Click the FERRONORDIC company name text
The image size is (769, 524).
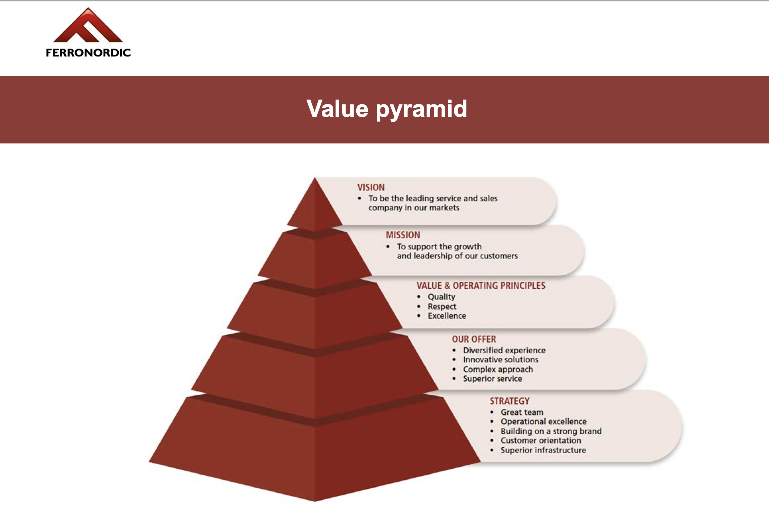[88, 53]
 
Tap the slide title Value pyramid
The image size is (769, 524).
[387, 109]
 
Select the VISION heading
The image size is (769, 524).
[371, 187]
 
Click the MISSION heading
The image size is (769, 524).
[403, 235]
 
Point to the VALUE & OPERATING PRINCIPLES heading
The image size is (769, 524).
[481, 285]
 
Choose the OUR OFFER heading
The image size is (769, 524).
[474, 339]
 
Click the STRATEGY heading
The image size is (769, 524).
[509, 401]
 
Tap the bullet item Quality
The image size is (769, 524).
[441, 297]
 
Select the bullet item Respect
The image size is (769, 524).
[442, 307]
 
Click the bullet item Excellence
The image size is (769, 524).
[447, 316]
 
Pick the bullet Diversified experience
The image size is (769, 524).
[504, 350]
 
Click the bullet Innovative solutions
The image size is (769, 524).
[500, 360]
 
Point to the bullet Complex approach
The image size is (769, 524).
[498, 369]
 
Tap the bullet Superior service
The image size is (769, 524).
[492, 379]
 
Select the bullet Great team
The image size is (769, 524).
[522, 412]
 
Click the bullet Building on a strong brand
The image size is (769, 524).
[551, 431]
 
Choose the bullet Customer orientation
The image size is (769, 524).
[541, 441]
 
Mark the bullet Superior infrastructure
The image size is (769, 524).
[543, 450]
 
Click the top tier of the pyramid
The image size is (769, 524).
[315, 208]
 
